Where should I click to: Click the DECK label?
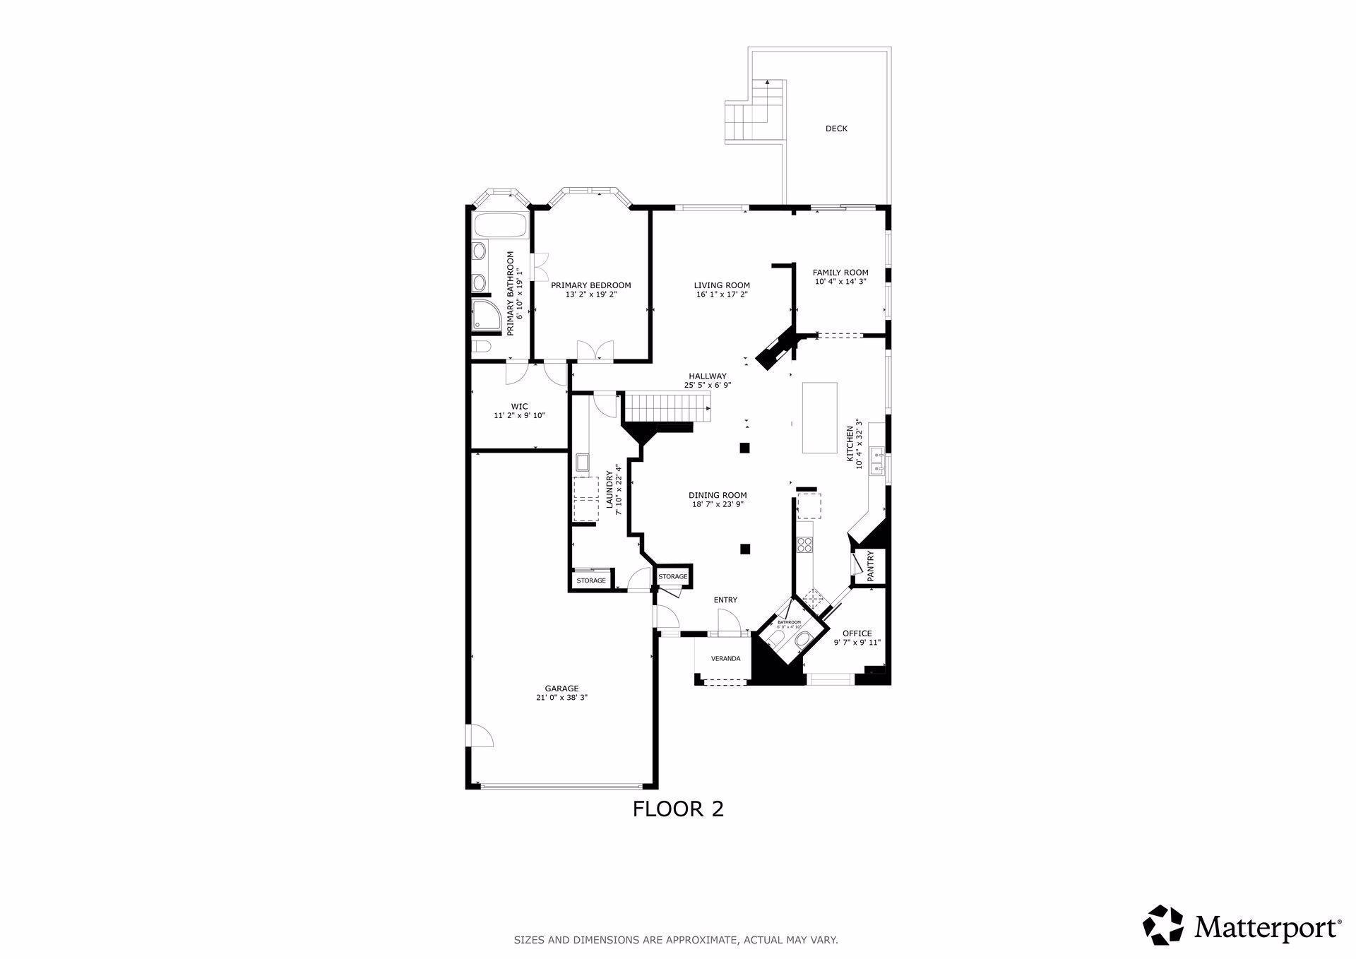[x=836, y=129]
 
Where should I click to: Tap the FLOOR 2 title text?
[x=678, y=809]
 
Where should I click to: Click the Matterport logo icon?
[x=1163, y=924]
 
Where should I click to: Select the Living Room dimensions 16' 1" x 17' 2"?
[x=721, y=294]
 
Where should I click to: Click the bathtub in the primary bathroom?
[x=500, y=226]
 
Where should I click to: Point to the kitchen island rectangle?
[x=819, y=418]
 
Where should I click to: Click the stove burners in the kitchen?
[x=805, y=544]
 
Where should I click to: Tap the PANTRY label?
[x=871, y=566]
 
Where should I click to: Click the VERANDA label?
[x=725, y=659]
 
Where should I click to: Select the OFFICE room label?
[x=857, y=633]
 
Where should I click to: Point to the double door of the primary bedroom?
[x=595, y=350]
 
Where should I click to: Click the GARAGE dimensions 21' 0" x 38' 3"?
[x=561, y=698]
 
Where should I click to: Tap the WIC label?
[x=519, y=407]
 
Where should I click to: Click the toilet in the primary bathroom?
[x=482, y=347]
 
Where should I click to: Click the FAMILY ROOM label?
[x=840, y=273]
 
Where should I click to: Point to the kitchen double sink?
[x=878, y=460]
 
